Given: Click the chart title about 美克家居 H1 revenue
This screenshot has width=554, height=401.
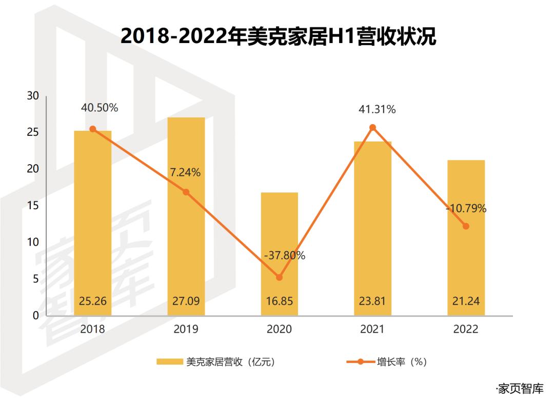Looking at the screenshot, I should coord(278,37).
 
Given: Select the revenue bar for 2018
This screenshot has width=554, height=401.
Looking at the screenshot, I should coord(93,220).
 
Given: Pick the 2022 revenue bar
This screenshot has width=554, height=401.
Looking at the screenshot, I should coord(466,236).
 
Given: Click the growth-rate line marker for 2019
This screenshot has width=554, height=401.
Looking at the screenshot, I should coord(186,192).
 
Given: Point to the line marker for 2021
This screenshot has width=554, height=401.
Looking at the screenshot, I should coord(373,128).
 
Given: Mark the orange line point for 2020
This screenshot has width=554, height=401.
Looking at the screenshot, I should coord(279,277).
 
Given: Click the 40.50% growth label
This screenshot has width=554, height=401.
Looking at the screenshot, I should coord(100,108).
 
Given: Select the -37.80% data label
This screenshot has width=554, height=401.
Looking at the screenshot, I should coord(284,255).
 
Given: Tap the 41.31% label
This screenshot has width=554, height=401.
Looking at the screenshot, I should coord(377,109).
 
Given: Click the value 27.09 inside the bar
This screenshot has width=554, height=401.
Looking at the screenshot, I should coord(186,301).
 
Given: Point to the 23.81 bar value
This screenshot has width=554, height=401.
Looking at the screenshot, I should coord(372,301).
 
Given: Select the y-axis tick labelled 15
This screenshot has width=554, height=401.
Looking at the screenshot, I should coord(33,206).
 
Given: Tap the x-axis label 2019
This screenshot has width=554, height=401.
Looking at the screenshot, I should coord(186,329).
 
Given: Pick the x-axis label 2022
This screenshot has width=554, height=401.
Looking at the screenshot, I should coord(466,329).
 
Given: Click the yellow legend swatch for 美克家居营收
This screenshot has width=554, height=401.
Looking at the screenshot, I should coord(169,362).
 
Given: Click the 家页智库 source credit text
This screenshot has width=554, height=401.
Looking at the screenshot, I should coord(519,388).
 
